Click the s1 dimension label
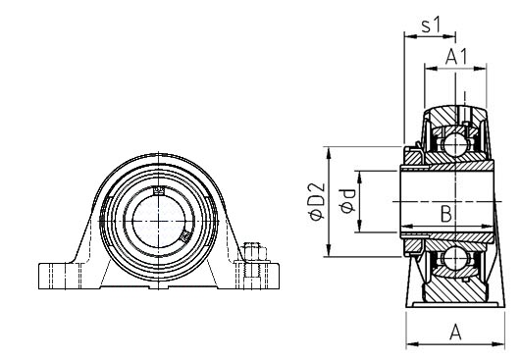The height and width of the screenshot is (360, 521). tap(431, 26)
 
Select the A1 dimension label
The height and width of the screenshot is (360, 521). tap(456, 57)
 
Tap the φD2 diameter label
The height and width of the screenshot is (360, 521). tap(317, 201)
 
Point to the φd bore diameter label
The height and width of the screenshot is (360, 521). tap(347, 201)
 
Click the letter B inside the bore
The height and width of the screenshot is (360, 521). tap(445, 214)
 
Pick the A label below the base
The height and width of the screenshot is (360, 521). tap(455, 333)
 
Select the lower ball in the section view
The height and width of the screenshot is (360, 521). tap(454, 257)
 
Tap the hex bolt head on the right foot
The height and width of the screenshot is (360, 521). tap(255, 252)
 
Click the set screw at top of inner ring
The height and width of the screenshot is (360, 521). tap(159, 190)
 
